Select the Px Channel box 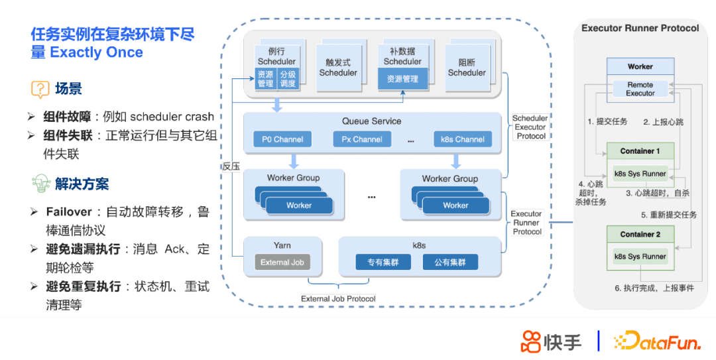point(361,139)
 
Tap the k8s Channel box point(462,139)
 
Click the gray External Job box point(282,263)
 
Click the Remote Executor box point(640,89)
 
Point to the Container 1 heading point(640,151)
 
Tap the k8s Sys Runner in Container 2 point(640,256)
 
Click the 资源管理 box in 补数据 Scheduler point(402,79)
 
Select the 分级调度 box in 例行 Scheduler point(288,79)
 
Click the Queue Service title point(371,121)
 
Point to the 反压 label point(230,166)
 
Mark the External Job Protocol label point(338,298)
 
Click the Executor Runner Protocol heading point(640,29)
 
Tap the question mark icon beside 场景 point(40,89)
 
